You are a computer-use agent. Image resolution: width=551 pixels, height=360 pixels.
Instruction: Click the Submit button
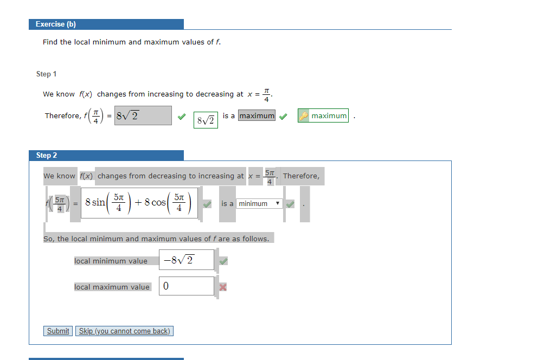58,331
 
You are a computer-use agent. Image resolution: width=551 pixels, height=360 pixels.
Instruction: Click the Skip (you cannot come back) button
124,331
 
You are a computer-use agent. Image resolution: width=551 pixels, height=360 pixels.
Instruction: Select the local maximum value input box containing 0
186,286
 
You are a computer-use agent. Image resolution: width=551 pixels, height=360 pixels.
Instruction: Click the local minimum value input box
186,260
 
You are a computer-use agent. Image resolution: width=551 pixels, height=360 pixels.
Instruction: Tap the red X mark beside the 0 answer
223,287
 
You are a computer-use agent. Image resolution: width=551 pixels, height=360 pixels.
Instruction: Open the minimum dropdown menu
259,204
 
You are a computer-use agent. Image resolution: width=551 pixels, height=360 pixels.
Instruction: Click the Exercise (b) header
106,24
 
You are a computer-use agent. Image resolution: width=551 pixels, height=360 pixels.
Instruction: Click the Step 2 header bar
106,155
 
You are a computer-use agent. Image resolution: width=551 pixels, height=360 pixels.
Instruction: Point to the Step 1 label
47,74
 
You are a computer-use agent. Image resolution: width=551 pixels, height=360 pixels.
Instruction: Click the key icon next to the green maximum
304,115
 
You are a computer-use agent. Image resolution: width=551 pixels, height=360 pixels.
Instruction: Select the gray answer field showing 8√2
143,115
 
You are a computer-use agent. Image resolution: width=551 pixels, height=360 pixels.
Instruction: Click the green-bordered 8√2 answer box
206,120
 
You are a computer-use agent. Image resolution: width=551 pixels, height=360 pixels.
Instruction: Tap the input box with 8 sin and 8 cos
139,203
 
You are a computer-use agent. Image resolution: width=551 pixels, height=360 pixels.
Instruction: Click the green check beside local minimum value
223,261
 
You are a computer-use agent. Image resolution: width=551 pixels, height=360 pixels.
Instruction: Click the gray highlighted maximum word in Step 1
257,115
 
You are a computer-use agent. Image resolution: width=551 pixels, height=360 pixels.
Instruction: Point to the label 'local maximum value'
112,287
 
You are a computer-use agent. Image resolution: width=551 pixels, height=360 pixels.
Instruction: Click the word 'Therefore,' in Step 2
301,176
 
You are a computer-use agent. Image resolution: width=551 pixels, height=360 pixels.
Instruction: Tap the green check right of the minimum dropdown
290,204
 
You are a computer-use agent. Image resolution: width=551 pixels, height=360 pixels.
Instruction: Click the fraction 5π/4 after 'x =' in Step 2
270,177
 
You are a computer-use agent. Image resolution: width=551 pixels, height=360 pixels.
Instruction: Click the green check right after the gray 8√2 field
182,117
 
